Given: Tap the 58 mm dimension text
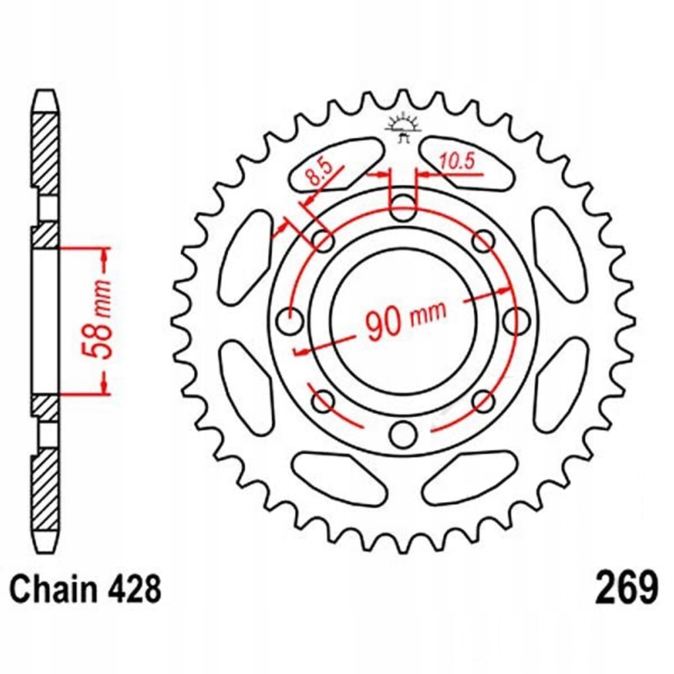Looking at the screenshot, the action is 97,319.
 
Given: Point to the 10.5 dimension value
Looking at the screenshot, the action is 456,162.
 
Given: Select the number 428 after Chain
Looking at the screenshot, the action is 134,589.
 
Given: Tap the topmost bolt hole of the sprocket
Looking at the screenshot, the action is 403,208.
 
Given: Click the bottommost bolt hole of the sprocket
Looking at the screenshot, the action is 403,435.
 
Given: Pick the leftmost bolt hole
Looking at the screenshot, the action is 290,321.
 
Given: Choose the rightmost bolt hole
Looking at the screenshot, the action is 517,321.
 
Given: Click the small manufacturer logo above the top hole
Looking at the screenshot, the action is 402,127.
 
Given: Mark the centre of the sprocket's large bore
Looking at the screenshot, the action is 403,321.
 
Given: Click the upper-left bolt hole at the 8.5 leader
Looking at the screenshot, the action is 323,241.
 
